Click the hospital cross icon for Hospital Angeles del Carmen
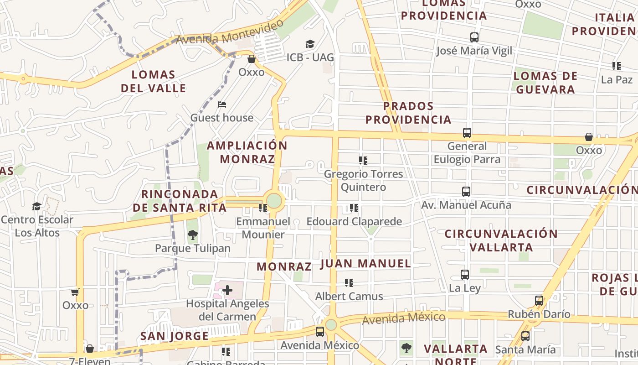pos(227,290)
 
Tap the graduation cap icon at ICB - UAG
pos(310,44)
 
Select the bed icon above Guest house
pos(222,104)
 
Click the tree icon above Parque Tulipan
pos(193,235)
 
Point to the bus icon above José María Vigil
pos(474,37)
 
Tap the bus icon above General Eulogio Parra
pos(467,133)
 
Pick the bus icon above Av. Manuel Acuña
pos(466,192)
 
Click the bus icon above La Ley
pos(465,275)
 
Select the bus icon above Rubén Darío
pos(539,301)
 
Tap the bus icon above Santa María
pos(525,336)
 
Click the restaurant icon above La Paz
pos(617,66)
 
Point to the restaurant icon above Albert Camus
pos(349,283)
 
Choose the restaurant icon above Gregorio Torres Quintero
pos(363,161)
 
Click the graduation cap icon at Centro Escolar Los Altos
pos(37,206)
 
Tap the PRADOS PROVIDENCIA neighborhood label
pos(408,113)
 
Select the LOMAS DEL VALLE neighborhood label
pos(154,81)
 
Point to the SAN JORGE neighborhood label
pos(174,336)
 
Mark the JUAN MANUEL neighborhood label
pos(365,263)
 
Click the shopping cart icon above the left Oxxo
pos(75,292)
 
